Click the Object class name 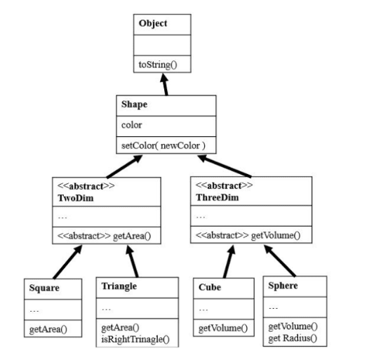(153, 23)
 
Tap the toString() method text (158, 65)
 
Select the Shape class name (135, 105)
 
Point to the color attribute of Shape (132, 125)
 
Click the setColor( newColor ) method (163, 145)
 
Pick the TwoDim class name (76, 198)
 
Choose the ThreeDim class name (218, 197)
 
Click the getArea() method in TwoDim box (132, 236)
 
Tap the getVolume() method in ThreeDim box (276, 235)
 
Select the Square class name (44, 288)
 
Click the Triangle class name (119, 286)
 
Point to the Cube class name (210, 287)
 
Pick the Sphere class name (283, 286)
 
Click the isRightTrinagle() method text (135, 339)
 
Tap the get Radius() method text (293, 338)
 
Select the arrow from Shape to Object (165, 84)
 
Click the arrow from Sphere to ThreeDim (280, 260)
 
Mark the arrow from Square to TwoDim (67, 262)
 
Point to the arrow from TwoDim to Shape (124, 166)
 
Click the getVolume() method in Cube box (223, 328)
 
